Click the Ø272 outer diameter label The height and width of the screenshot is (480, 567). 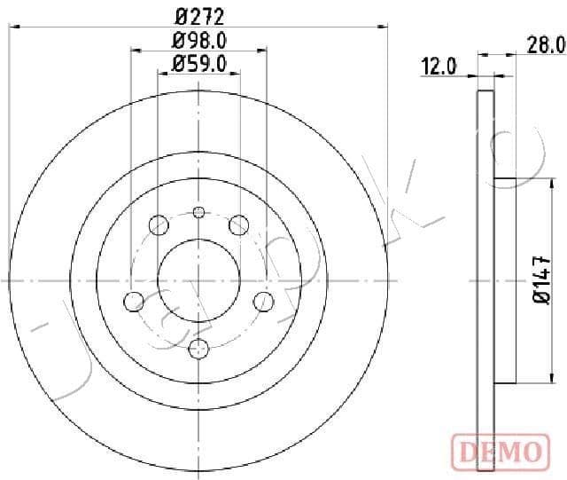click(x=199, y=15)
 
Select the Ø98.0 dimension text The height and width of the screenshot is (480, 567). click(x=199, y=41)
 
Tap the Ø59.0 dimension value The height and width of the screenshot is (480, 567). click(x=199, y=63)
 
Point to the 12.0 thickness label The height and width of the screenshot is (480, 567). click(x=439, y=67)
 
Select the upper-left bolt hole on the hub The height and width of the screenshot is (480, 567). click(x=159, y=224)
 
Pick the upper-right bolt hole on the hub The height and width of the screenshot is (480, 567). click(x=237, y=225)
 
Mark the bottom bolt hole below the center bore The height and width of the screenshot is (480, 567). click(x=198, y=348)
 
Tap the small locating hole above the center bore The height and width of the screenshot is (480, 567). click(x=198, y=211)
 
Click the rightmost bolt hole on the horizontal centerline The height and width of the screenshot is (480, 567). click(x=262, y=302)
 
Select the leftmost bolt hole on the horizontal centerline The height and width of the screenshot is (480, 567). click(x=135, y=302)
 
